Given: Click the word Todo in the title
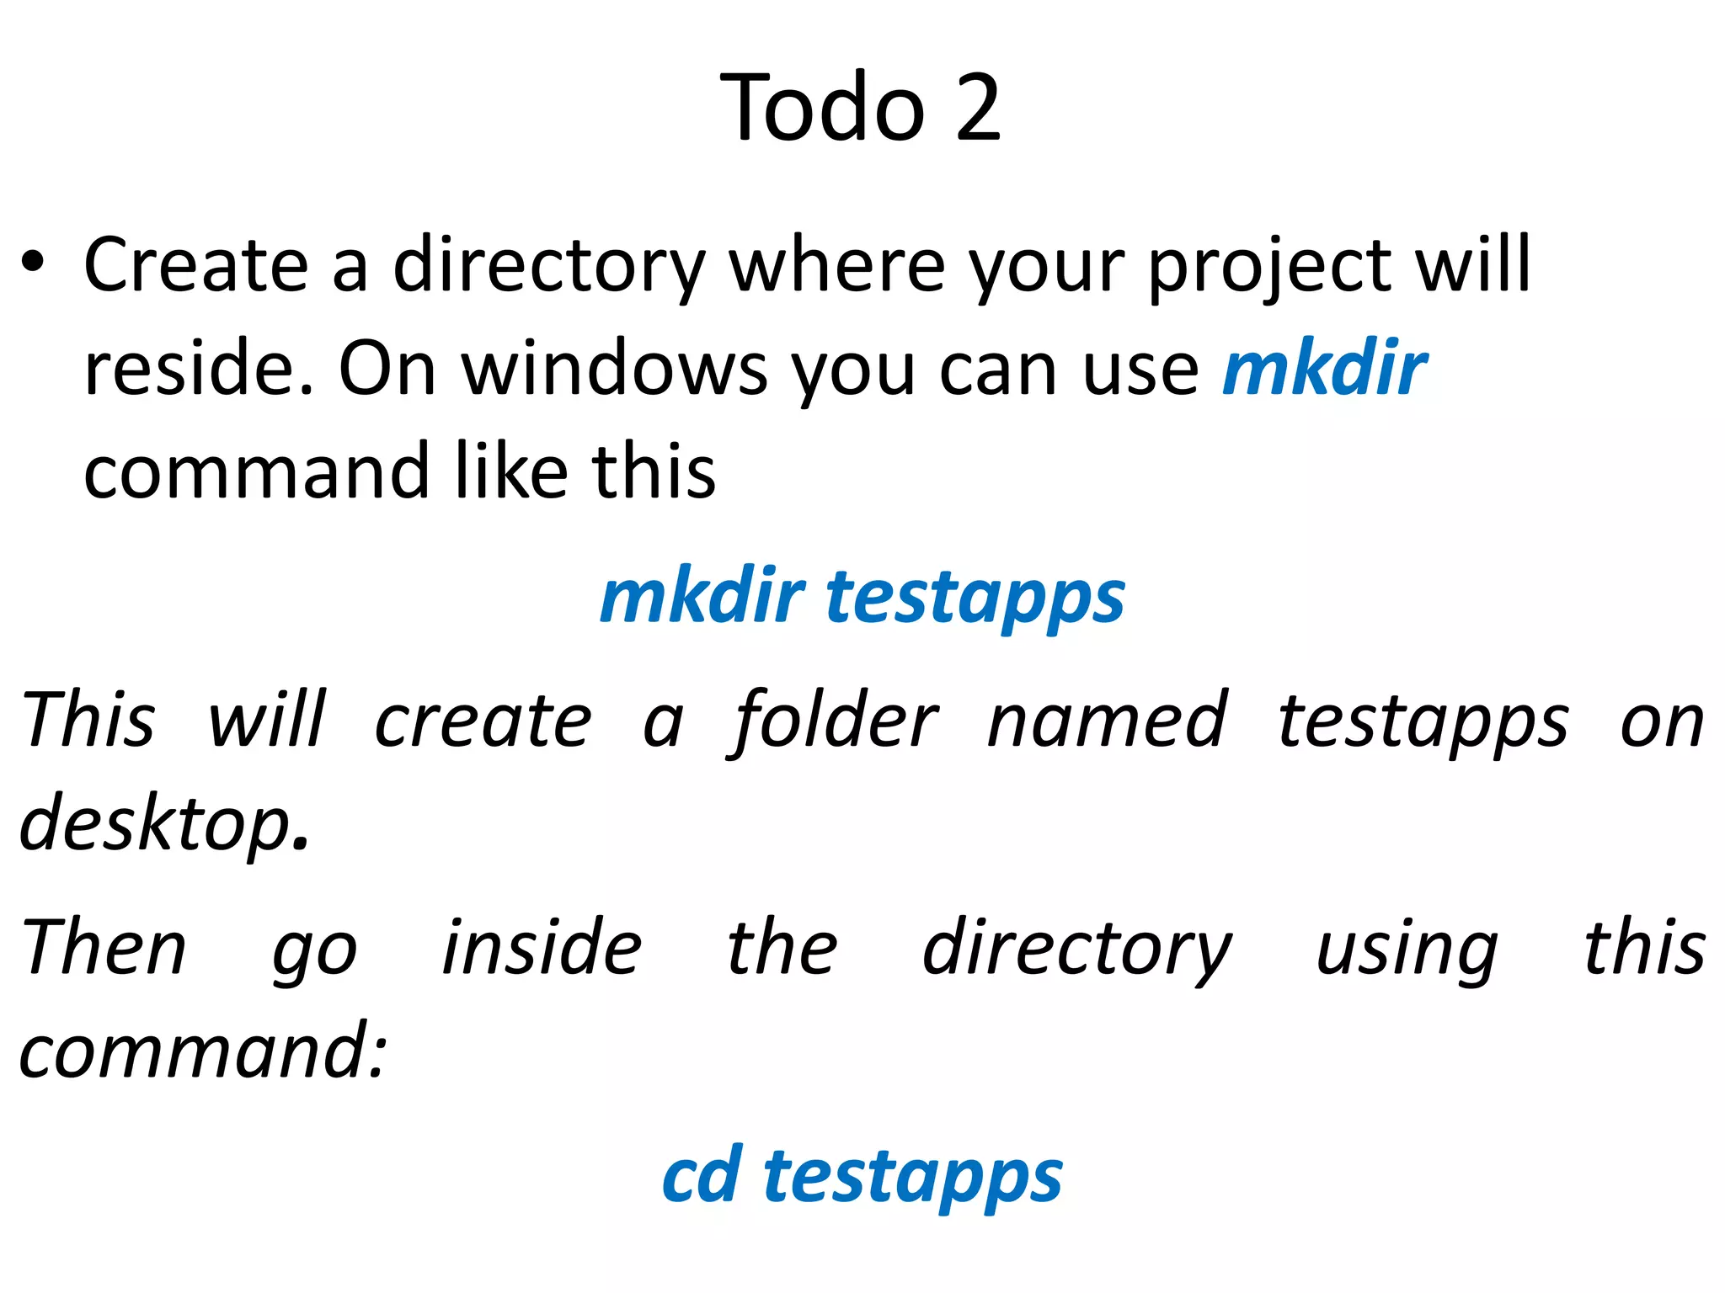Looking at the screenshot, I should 822,108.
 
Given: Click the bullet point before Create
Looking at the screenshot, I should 33,263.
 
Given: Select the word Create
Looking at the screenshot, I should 196,265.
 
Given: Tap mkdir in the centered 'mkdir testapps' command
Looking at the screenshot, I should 702,596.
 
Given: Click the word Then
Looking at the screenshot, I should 104,948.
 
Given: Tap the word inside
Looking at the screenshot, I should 542,948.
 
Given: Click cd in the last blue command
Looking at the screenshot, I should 702,1175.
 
